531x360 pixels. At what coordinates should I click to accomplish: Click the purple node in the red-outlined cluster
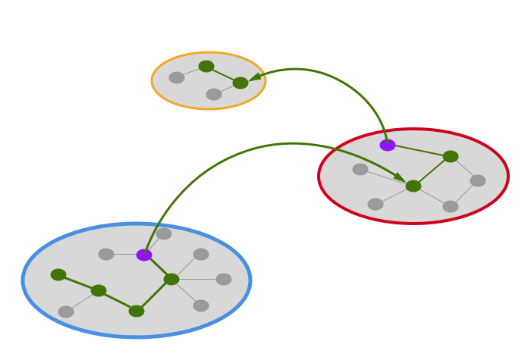pos(388,145)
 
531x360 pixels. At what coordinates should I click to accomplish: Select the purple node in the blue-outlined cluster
pos(144,255)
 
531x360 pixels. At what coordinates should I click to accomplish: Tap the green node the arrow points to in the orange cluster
pos(240,83)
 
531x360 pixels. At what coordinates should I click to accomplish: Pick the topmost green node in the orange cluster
pos(206,66)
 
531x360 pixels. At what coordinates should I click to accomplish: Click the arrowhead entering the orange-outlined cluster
pos(256,77)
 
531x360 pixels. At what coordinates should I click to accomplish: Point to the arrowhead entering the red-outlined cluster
pos(399,177)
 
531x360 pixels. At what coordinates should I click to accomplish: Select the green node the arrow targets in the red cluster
pos(413,186)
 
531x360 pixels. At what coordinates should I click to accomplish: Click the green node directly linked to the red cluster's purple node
pos(451,156)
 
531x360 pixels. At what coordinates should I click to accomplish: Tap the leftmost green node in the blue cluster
pos(58,274)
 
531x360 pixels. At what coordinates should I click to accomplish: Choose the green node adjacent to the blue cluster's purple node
pos(171,279)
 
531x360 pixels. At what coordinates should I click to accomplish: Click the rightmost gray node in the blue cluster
pos(224,279)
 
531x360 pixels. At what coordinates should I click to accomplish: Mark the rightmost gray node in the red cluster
pos(478,180)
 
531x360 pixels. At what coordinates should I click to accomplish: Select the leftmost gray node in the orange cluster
pos(177,77)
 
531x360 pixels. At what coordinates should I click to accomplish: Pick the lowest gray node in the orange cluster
pos(214,94)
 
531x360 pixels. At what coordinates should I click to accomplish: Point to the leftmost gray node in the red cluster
pos(360,169)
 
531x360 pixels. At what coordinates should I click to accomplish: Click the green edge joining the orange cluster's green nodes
pos(223,74)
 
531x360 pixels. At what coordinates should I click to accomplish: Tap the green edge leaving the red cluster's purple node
pos(419,150)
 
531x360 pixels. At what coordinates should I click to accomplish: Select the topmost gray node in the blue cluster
pos(164,233)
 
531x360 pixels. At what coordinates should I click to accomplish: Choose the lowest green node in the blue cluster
pos(137,311)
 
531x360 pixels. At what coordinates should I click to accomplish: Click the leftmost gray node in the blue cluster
pos(66,311)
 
